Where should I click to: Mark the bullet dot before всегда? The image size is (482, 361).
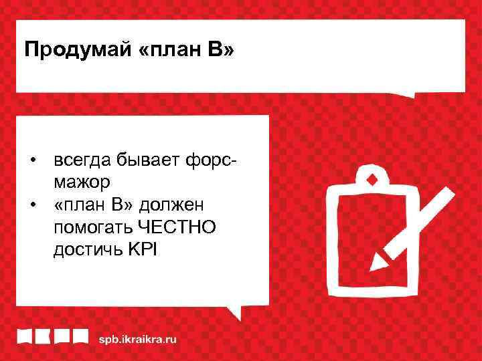point(31,161)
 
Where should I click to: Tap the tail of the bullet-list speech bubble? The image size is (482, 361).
point(234,312)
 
